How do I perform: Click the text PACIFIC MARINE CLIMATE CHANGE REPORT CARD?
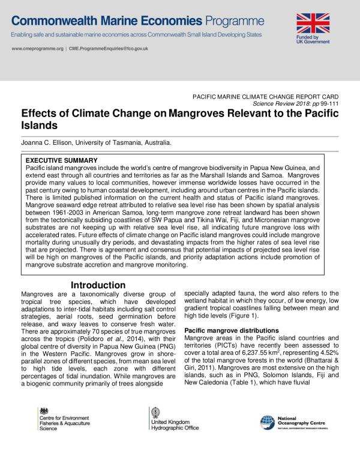[x=265, y=96]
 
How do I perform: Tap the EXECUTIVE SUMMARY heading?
[x=61, y=160]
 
